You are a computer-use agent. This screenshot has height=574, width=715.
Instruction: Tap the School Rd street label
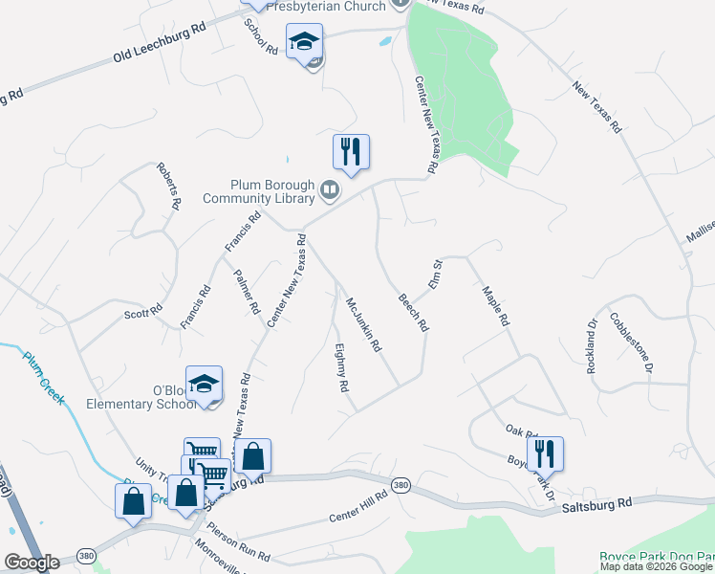pos(253,35)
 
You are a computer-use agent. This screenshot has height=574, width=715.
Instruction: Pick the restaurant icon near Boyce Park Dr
pos(544,453)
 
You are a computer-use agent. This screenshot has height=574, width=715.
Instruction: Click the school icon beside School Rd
pos(304,42)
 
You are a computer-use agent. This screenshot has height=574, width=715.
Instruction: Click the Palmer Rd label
pos(247,292)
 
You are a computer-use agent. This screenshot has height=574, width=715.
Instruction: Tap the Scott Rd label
pos(144,312)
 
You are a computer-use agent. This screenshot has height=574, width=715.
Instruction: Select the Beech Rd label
pos(414,312)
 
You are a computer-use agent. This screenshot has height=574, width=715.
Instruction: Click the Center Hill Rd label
pos(357,506)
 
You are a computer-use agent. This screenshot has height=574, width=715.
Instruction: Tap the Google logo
pos(32,563)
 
